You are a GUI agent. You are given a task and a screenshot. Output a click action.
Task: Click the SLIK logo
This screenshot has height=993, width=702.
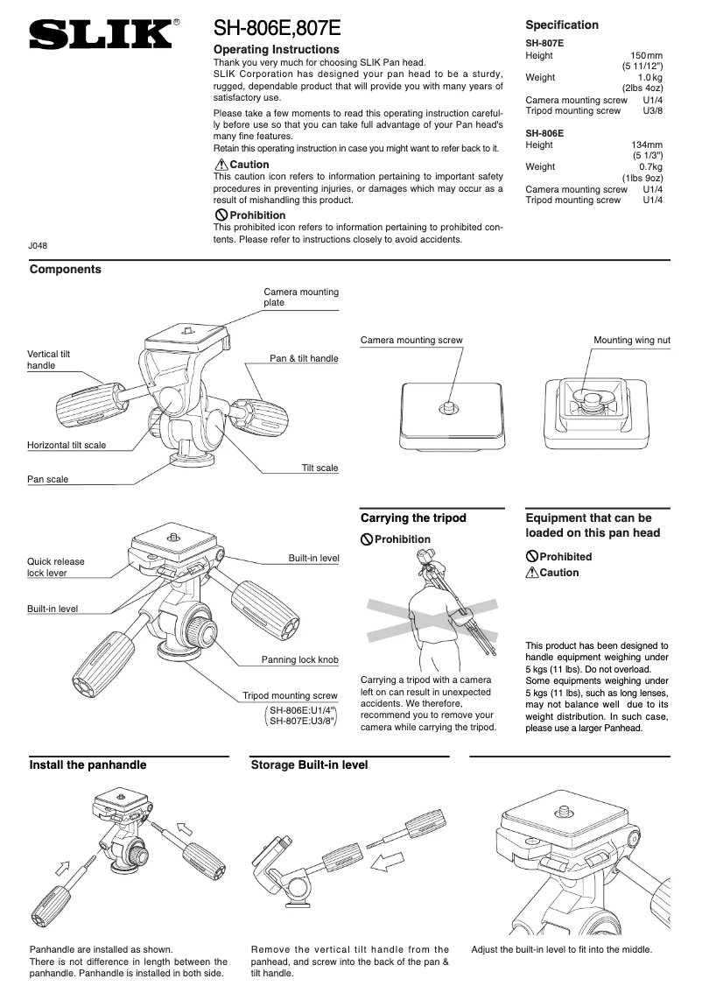(100, 36)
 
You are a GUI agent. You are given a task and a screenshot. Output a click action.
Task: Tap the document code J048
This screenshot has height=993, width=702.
(38, 246)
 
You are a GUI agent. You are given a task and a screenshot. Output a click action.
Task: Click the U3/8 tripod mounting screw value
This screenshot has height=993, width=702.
(652, 111)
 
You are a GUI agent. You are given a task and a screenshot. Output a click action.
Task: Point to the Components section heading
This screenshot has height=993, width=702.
(65, 270)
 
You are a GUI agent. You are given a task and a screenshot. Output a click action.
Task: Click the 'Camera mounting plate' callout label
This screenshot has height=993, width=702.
(300, 297)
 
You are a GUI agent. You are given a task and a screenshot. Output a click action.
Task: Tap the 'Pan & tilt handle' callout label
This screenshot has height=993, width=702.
(303, 358)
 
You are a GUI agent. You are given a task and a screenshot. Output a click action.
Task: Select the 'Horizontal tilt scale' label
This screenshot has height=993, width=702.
(67, 445)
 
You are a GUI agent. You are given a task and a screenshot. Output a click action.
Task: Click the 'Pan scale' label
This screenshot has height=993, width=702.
(47, 479)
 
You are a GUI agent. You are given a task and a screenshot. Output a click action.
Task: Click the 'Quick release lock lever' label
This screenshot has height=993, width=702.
(56, 567)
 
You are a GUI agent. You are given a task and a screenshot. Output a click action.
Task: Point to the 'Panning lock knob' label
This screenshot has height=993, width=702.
(299, 659)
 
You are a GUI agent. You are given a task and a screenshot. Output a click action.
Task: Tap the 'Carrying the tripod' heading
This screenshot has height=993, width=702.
(413, 518)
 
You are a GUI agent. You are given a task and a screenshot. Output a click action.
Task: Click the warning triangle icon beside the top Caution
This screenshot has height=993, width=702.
(221, 165)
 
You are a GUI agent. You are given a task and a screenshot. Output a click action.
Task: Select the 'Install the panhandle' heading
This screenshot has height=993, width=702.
(88, 764)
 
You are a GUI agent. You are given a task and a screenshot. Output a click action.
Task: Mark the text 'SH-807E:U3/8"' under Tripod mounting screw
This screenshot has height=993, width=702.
(303, 721)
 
